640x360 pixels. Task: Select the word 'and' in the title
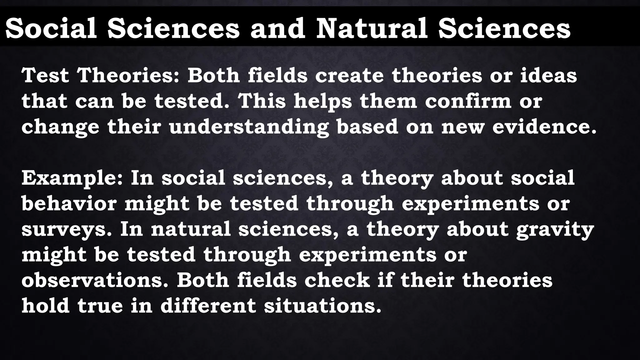point(277,28)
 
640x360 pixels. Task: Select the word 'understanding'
point(249,127)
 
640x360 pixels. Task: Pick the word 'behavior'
point(69,203)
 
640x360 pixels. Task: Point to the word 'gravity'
point(555,230)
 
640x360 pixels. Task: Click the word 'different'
point(208,306)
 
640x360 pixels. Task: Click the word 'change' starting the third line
point(60,127)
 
